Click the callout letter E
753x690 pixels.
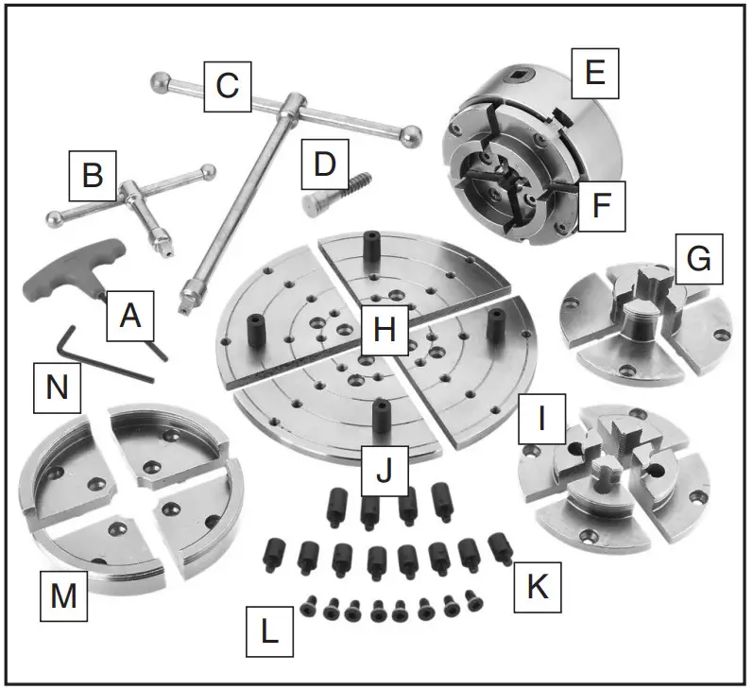(595, 73)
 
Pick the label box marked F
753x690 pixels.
(598, 204)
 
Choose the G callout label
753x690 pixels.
(698, 259)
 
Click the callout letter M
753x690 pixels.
(63, 595)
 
